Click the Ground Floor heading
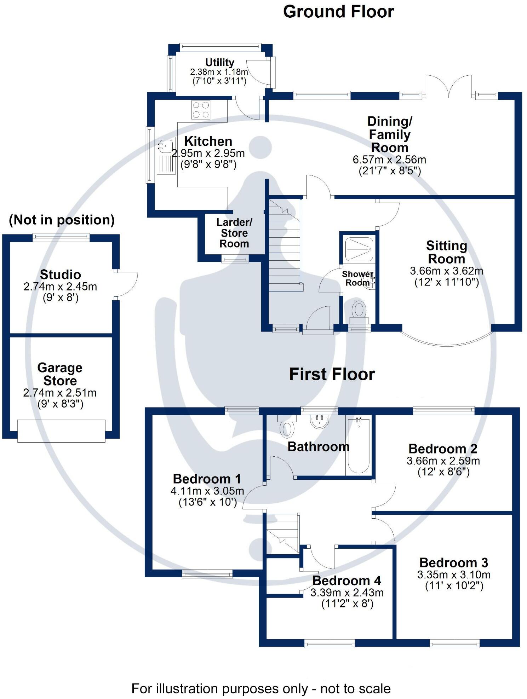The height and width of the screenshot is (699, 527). click(338, 12)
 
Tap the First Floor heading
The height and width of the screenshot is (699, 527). click(332, 374)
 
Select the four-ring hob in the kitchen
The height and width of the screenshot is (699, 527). click(201, 110)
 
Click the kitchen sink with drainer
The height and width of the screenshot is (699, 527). click(166, 156)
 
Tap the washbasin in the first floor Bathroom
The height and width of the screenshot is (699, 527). click(319, 421)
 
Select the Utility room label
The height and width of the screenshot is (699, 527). click(219, 63)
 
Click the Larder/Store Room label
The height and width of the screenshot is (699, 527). click(234, 233)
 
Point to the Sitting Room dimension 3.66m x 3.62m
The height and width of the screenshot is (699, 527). click(446, 271)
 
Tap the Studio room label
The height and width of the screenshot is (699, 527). click(61, 275)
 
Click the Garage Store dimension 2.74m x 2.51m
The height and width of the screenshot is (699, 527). click(60, 393)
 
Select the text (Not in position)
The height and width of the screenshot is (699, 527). click(62, 220)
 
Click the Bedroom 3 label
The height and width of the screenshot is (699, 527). click(453, 562)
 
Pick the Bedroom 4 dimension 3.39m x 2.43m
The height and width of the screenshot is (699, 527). click(347, 593)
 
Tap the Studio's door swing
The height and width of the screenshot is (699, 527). click(127, 284)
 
